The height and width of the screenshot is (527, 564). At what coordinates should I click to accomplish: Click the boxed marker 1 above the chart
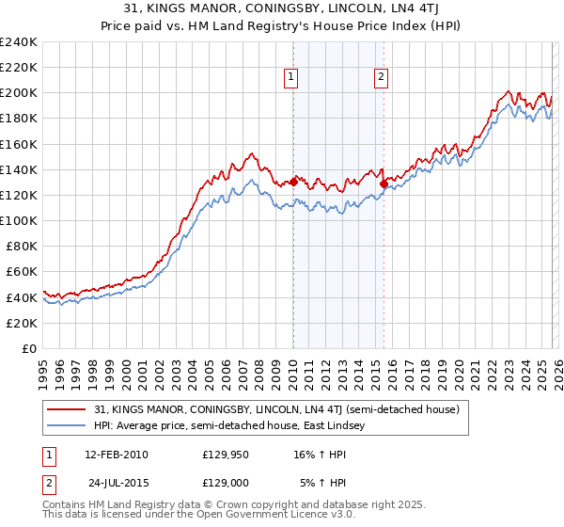coord(291,78)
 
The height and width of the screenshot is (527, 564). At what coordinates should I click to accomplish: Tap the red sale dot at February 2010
coord(293,182)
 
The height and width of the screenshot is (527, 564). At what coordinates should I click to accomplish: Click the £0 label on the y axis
coord(28,348)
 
